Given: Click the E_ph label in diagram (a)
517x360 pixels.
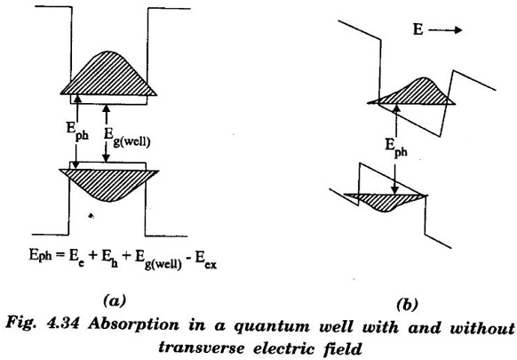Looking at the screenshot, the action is [x=77, y=131].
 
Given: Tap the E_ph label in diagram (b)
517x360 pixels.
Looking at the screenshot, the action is [x=396, y=147].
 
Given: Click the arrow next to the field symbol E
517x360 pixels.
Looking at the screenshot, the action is [x=445, y=30].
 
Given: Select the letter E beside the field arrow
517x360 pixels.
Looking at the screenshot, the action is [x=418, y=30].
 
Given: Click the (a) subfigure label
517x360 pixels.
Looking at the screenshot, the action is [x=115, y=301].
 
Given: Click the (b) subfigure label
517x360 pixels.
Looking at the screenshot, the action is [x=407, y=304].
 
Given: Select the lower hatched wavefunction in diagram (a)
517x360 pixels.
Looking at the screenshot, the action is [x=108, y=183].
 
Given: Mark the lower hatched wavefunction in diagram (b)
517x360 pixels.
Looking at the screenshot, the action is [x=384, y=202].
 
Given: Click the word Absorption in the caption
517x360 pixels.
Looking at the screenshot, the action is [x=134, y=325].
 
